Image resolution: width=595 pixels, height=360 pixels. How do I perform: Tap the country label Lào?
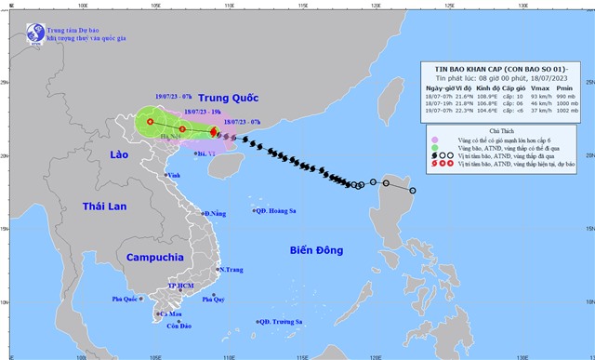[x=117, y=154]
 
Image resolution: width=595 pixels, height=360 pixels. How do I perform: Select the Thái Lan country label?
[x=102, y=207]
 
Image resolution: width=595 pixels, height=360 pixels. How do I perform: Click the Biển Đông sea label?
[x=316, y=249]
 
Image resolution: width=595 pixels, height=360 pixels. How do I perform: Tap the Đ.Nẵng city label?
[x=216, y=214]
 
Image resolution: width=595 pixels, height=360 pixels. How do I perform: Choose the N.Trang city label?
[x=231, y=270]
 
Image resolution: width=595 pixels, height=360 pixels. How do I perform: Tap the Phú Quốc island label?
[x=126, y=299]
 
